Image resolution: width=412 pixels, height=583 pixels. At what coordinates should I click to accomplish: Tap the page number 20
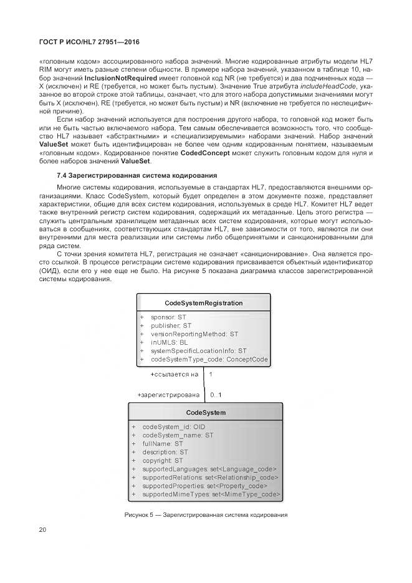[42, 530]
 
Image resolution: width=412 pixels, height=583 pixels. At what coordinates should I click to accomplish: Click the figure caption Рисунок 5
[206, 514]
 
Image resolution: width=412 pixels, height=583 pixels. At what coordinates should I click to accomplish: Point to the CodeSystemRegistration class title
[203, 303]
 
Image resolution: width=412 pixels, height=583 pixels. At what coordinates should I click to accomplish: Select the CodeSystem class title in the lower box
[206, 412]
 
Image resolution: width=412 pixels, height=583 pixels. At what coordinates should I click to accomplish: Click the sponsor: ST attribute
[168, 317]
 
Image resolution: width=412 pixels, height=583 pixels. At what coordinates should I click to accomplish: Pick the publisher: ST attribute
[171, 325]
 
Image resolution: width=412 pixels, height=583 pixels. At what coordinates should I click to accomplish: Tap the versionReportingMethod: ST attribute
[194, 334]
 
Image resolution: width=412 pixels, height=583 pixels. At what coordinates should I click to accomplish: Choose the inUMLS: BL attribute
[169, 342]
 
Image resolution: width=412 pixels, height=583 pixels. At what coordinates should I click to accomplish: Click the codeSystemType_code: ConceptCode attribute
[209, 359]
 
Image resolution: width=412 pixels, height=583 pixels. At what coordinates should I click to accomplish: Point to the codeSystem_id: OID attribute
[173, 426]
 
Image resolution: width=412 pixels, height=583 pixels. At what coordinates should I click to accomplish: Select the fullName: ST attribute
[162, 443]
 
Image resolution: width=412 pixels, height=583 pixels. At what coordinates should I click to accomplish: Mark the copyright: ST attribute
[163, 460]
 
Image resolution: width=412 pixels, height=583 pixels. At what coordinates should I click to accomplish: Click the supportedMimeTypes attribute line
[211, 494]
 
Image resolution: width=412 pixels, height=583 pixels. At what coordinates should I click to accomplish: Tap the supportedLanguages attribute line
[209, 469]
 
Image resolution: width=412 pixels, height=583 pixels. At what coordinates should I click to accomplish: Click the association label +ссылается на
[174, 375]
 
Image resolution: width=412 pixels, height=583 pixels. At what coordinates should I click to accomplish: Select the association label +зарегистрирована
[168, 395]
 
